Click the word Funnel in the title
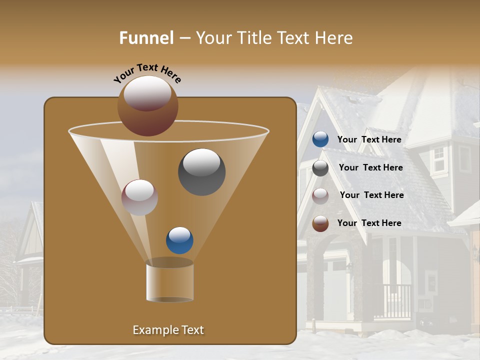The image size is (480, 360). (146, 38)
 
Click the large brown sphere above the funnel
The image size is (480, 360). (147, 105)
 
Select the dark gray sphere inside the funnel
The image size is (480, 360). (201, 172)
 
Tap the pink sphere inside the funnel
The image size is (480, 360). (139, 197)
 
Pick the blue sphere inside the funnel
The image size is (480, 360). (179, 240)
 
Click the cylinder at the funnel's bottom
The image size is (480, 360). (169, 281)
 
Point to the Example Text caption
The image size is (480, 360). (168, 330)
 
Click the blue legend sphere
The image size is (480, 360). (320, 139)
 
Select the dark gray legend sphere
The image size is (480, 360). (320, 168)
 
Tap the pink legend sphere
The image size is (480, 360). (320, 195)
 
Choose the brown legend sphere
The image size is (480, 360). (320, 223)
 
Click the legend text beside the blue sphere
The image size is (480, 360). (369, 140)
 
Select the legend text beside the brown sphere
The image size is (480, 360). (369, 223)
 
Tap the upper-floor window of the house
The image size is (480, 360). (438, 159)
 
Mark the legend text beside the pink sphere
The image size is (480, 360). (371, 195)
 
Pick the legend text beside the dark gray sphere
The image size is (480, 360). (370, 167)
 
